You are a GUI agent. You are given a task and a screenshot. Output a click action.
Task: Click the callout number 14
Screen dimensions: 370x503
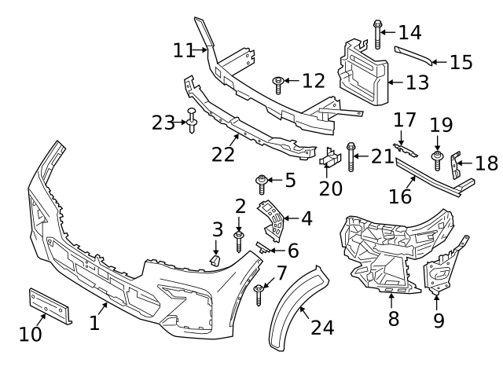(x=409, y=32)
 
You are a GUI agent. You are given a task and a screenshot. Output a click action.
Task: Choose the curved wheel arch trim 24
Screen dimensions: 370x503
(x=293, y=311)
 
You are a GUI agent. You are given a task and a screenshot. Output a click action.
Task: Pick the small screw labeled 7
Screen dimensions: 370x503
(x=259, y=294)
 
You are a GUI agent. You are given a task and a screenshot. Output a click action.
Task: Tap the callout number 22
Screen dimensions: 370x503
(x=223, y=154)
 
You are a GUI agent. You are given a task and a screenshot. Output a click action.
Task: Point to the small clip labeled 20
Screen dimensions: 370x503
(x=329, y=161)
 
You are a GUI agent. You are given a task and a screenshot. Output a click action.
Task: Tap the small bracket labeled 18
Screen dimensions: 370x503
(x=456, y=164)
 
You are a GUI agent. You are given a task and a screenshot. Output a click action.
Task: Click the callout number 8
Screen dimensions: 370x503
(x=393, y=318)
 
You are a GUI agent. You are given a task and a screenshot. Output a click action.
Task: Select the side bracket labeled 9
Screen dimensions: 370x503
(x=436, y=275)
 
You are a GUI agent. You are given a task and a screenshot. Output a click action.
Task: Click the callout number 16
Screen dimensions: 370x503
(x=400, y=195)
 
